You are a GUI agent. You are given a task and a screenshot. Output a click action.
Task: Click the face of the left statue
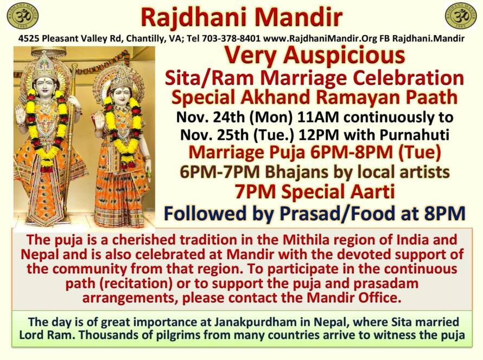coord(45,84)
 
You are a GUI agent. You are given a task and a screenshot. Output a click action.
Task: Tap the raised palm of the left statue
coord(20,115)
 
